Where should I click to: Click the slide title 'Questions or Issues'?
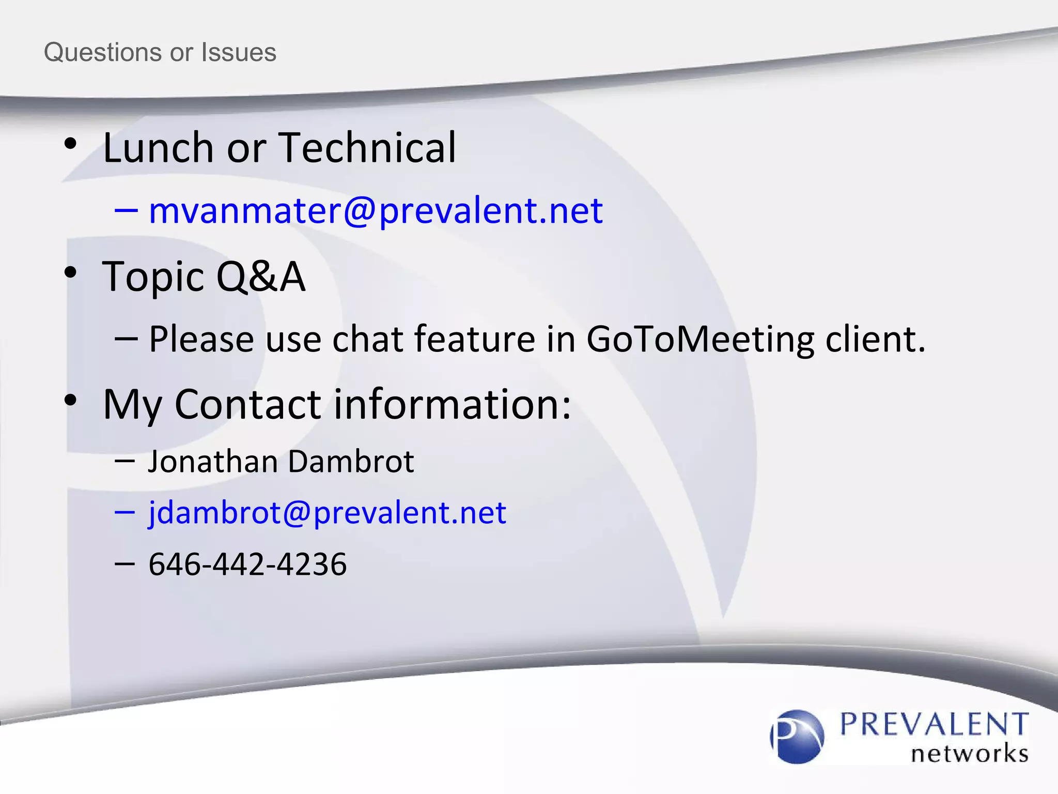(x=160, y=52)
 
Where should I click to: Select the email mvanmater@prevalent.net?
(x=376, y=210)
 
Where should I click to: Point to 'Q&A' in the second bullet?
(x=261, y=277)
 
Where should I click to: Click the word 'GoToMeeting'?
(x=700, y=340)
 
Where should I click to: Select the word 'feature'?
(x=474, y=340)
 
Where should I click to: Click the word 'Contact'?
(x=248, y=404)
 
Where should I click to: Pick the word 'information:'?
(x=453, y=404)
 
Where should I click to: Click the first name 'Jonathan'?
(x=213, y=461)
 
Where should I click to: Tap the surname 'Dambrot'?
(x=351, y=461)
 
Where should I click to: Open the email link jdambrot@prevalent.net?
(x=327, y=513)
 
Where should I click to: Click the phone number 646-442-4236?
(x=247, y=564)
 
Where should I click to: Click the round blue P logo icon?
(x=797, y=736)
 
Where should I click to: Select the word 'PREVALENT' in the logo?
(x=934, y=724)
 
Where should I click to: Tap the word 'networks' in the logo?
(x=969, y=754)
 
